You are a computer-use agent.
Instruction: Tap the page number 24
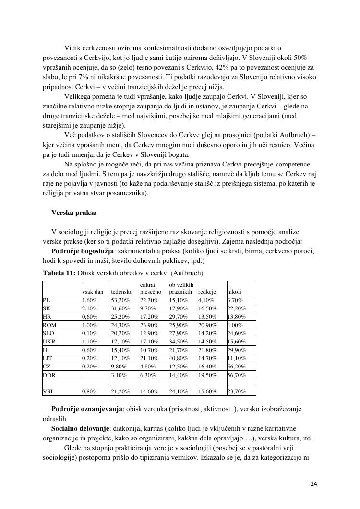click(x=313, y=484)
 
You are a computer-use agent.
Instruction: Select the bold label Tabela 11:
click(x=59, y=273)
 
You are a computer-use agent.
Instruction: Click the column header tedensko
click(x=121, y=292)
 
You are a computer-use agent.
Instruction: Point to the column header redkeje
click(x=207, y=292)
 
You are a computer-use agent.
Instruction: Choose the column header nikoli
click(x=234, y=292)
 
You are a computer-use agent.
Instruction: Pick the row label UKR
click(x=50, y=342)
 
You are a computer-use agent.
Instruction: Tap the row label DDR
click(x=49, y=375)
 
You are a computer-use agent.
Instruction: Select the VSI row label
click(x=48, y=391)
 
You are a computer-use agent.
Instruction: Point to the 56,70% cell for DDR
click(x=236, y=375)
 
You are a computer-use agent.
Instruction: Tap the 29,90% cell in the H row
click(x=236, y=350)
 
